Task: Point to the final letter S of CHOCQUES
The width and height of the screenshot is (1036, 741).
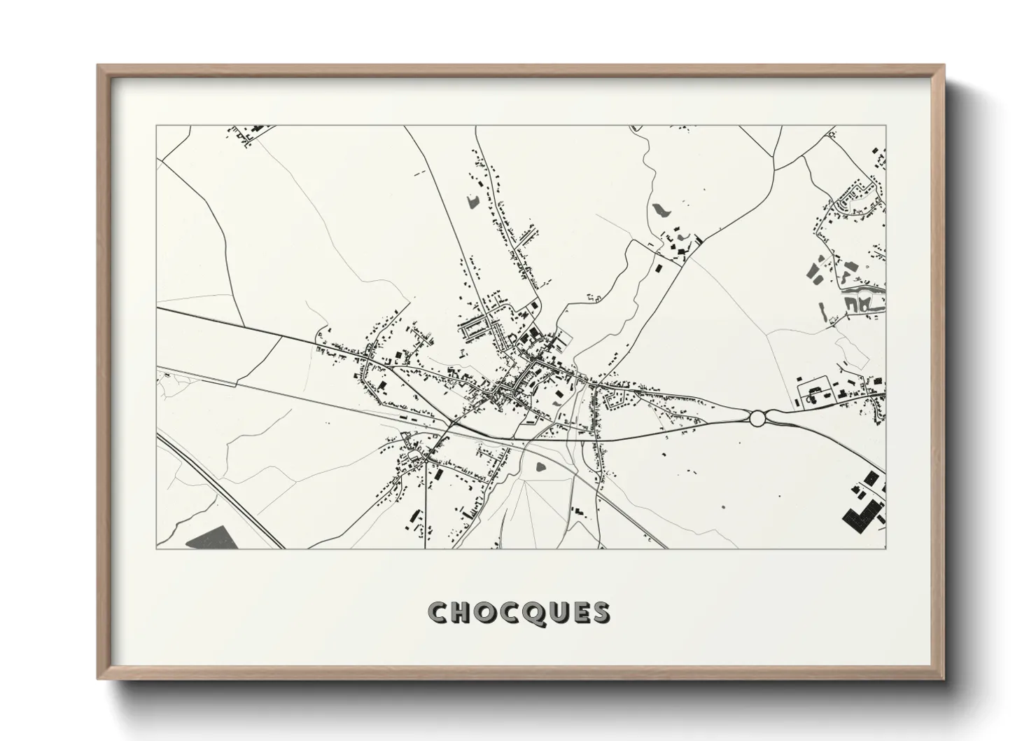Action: point(601,612)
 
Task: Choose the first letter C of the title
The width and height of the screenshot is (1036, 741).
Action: point(440,612)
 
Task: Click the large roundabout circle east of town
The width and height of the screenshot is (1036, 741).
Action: point(757,419)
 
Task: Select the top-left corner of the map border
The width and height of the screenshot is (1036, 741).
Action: point(157,126)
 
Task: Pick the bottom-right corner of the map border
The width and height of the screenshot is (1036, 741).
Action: point(885,548)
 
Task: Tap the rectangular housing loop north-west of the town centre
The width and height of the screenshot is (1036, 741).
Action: point(480,326)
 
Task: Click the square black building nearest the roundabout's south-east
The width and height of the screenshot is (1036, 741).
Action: point(871,478)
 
